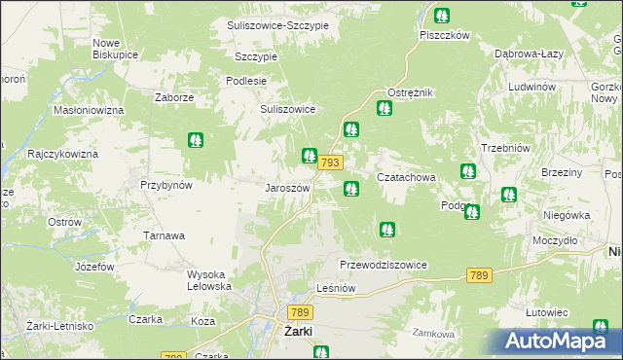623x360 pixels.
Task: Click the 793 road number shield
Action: click(328, 162)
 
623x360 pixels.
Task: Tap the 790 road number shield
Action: click(174, 357)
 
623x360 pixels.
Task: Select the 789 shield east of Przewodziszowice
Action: click(477, 276)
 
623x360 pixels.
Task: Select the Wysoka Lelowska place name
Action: click(209, 280)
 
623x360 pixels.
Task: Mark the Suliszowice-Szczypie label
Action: click(277, 24)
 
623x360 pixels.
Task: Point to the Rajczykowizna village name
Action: click(63, 154)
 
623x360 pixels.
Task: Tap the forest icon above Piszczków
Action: click(442, 16)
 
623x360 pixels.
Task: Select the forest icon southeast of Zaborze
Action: click(196, 141)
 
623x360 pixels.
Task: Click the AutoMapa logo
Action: click(561, 342)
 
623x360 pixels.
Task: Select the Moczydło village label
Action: click(555, 240)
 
